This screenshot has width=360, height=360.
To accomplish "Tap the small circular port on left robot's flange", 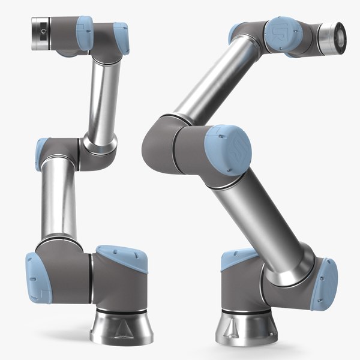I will [42, 29].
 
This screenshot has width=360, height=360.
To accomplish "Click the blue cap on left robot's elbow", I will [43, 148].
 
